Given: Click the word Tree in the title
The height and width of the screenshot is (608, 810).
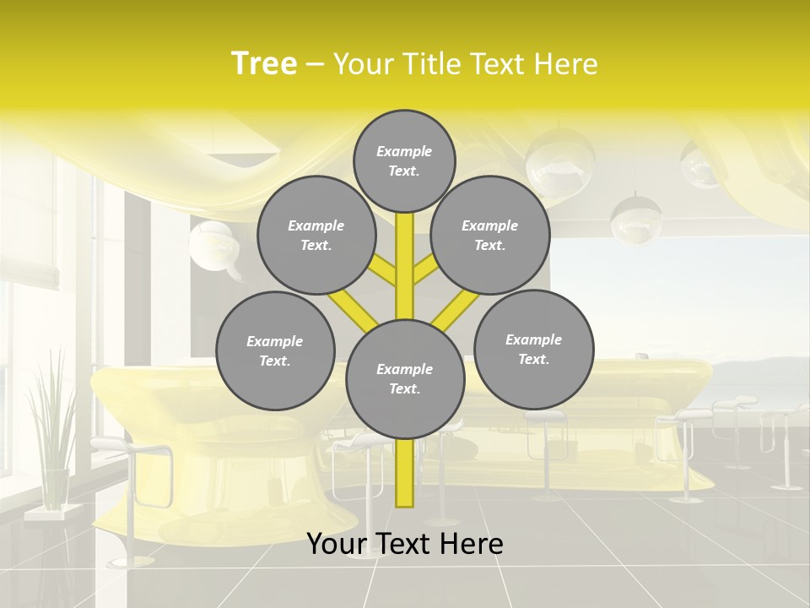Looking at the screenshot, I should [264, 64].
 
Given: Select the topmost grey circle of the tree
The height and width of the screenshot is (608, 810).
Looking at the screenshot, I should [404, 160].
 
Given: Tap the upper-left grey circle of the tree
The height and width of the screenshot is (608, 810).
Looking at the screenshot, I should [316, 235].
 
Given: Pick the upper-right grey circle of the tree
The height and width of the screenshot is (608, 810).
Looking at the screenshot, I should [489, 235].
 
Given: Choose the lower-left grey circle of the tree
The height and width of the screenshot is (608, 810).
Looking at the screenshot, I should [275, 350].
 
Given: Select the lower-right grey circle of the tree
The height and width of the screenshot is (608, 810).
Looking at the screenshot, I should [533, 349].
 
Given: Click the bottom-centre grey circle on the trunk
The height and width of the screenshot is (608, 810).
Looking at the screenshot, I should [405, 378].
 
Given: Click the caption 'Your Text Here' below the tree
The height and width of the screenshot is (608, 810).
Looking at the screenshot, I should [404, 544].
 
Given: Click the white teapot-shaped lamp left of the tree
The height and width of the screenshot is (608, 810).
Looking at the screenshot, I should [210, 246].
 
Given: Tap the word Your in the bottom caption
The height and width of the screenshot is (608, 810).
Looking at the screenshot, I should [337, 544].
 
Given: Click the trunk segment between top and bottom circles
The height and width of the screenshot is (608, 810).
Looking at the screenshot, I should [405, 262].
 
